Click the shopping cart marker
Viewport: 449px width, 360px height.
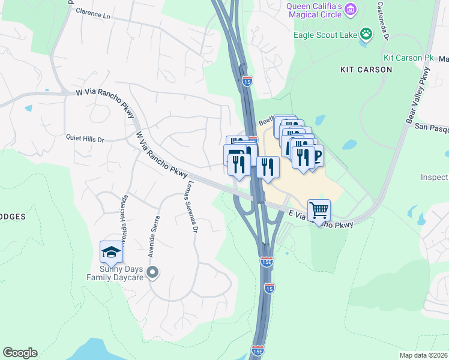coord(319,211)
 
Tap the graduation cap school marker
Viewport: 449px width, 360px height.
coord(111,252)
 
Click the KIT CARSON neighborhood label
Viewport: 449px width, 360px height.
coord(366,70)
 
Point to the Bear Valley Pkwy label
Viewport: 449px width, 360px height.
coord(418,97)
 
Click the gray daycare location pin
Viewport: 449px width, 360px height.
coord(152,273)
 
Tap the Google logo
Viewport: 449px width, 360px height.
coord(20,353)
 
